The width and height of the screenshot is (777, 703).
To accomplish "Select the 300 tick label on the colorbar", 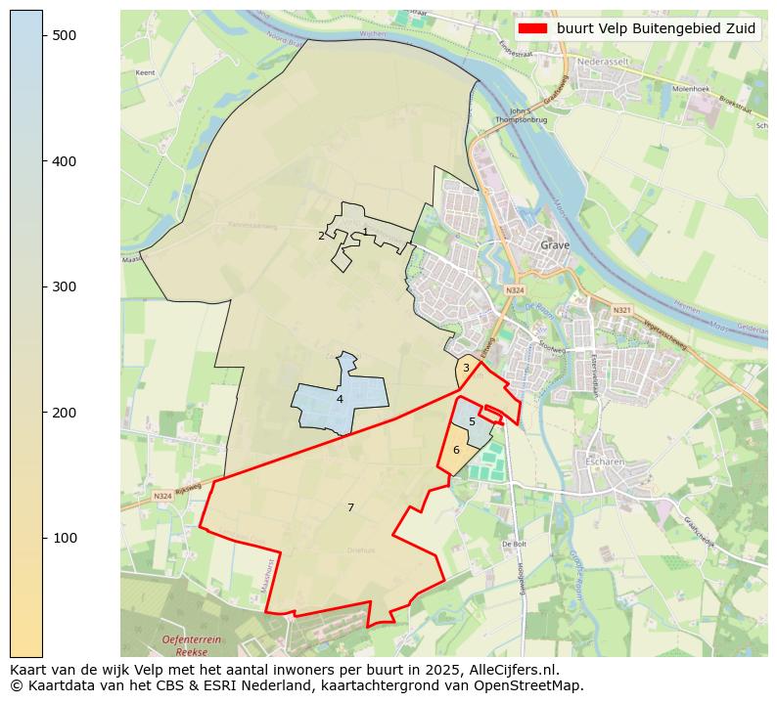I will (x=64, y=286).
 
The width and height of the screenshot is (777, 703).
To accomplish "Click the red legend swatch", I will (x=534, y=28).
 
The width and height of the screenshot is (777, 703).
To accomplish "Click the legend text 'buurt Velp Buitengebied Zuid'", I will (x=657, y=28).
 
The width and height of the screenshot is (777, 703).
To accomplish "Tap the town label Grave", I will (x=556, y=245).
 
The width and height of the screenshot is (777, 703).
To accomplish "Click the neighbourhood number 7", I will (x=350, y=507).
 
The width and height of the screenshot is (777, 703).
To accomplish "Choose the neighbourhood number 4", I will (x=340, y=399).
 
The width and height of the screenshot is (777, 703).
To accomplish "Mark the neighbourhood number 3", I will (x=466, y=368).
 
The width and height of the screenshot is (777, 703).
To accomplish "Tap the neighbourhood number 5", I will (x=472, y=421).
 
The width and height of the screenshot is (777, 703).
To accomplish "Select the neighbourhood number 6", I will (x=456, y=450).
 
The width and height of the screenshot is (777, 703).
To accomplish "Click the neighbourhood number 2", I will (x=321, y=236).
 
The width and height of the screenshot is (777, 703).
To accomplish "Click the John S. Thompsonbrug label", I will (x=519, y=115).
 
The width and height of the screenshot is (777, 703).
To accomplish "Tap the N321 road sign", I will (x=621, y=310).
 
